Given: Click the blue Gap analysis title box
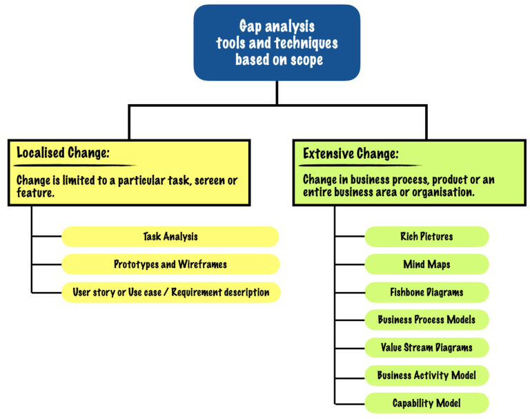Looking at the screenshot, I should (277, 43).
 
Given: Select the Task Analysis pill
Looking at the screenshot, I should (170, 237).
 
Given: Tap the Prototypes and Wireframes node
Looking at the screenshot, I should (170, 264).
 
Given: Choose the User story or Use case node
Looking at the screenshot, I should (170, 292).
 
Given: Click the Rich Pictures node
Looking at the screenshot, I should (426, 237).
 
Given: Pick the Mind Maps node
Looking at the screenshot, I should (426, 264).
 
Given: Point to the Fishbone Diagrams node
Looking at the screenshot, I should (426, 292).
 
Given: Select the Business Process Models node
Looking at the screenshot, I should (426, 320).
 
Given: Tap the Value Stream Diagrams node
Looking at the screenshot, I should (426, 347).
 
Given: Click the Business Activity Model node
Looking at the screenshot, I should (426, 376).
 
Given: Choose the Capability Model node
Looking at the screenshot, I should (426, 403).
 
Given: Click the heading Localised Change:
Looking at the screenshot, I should (63, 153).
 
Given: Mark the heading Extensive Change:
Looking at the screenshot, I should (351, 153).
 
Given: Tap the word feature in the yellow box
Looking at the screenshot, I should (36, 193).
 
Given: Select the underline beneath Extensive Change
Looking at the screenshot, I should (359, 166).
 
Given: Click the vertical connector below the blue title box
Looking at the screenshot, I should (277, 92).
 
